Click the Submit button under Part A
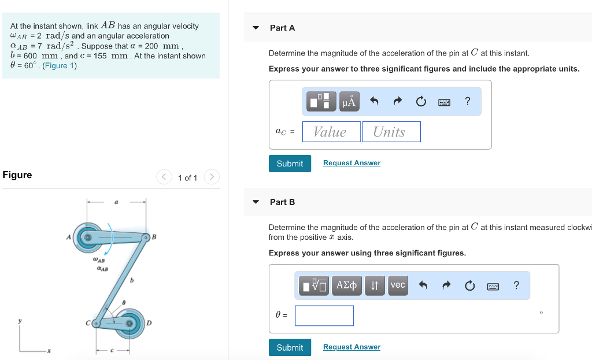290,164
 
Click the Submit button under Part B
290,347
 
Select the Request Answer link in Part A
351,163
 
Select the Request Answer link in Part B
351,347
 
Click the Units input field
391,132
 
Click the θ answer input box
324,316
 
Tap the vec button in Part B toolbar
398,285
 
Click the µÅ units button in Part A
349,102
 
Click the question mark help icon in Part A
468,102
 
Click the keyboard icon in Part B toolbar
493,285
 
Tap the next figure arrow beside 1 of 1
212,177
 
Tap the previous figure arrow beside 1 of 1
164,177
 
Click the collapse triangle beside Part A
256,28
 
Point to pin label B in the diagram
154,236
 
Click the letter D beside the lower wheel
149,323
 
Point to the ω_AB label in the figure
99,260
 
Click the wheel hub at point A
88,237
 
